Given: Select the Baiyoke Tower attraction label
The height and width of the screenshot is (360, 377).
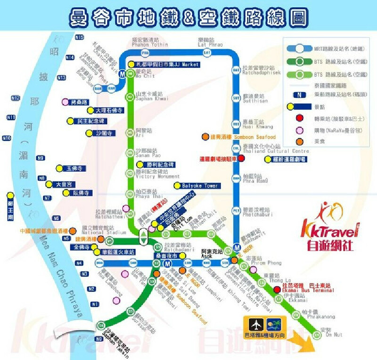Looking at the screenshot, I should [x=200, y=186].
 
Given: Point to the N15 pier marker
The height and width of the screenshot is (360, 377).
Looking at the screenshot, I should [x=79, y=37].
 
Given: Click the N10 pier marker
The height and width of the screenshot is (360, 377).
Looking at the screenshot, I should [x=7, y=138].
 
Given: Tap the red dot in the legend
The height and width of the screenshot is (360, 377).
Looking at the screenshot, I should [x=299, y=118].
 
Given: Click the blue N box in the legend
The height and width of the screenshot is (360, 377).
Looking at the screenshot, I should [x=299, y=94].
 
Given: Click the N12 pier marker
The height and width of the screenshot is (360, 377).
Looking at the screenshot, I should [x=16, y=98].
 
